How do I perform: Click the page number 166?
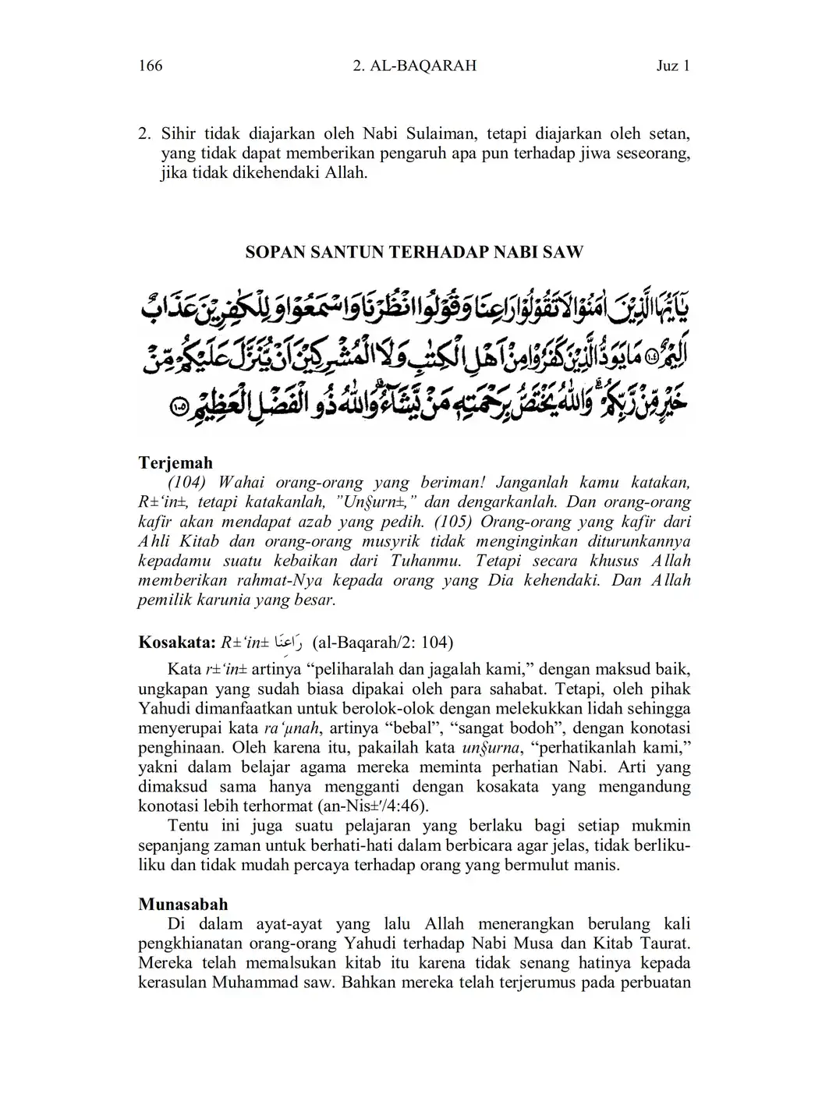click(x=151, y=66)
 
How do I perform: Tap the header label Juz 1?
click(x=673, y=66)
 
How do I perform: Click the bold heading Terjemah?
click(x=175, y=463)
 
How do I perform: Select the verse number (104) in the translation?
click(x=186, y=483)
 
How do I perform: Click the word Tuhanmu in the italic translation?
click(x=426, y=561)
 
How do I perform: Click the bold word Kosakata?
click(x=175, y=643)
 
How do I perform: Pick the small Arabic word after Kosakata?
click(x=290, y=643)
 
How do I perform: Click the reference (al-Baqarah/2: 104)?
click(x=382, y=643)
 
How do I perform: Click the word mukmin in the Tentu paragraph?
click(x=664, y=826)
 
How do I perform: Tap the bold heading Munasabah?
click(x=183, y=904)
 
